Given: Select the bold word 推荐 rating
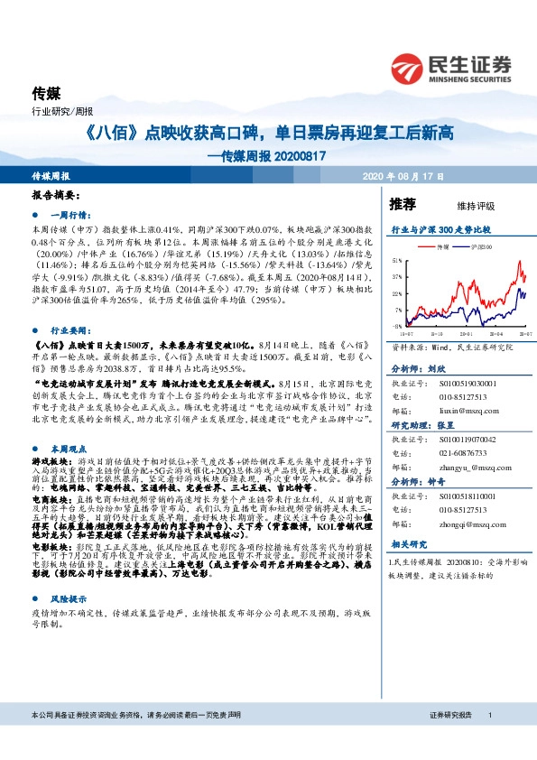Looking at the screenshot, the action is (x=403, y=203).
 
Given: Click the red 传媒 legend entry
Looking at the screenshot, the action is (x=437, y=246).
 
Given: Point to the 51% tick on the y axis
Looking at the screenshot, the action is (x=397, y=259).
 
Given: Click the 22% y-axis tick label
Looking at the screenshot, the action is (x=397, y=293).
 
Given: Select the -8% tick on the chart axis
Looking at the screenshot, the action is (x=398, y=327).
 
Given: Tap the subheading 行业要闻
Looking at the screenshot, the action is (x=68, y=331).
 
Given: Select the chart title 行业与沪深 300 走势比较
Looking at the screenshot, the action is (x=440, y=230).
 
